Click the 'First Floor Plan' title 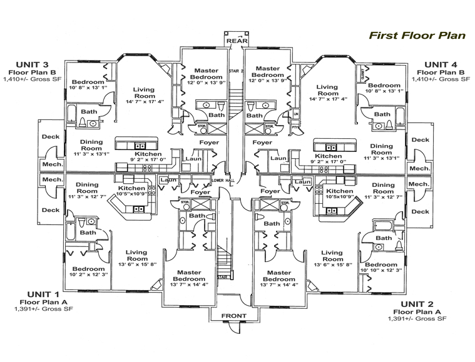(417, 35)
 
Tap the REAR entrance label (235, 41)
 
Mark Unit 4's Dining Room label (382, 150)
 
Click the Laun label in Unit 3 (192, 159)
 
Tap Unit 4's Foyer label (262, 143)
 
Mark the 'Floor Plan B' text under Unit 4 (442, 72)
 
